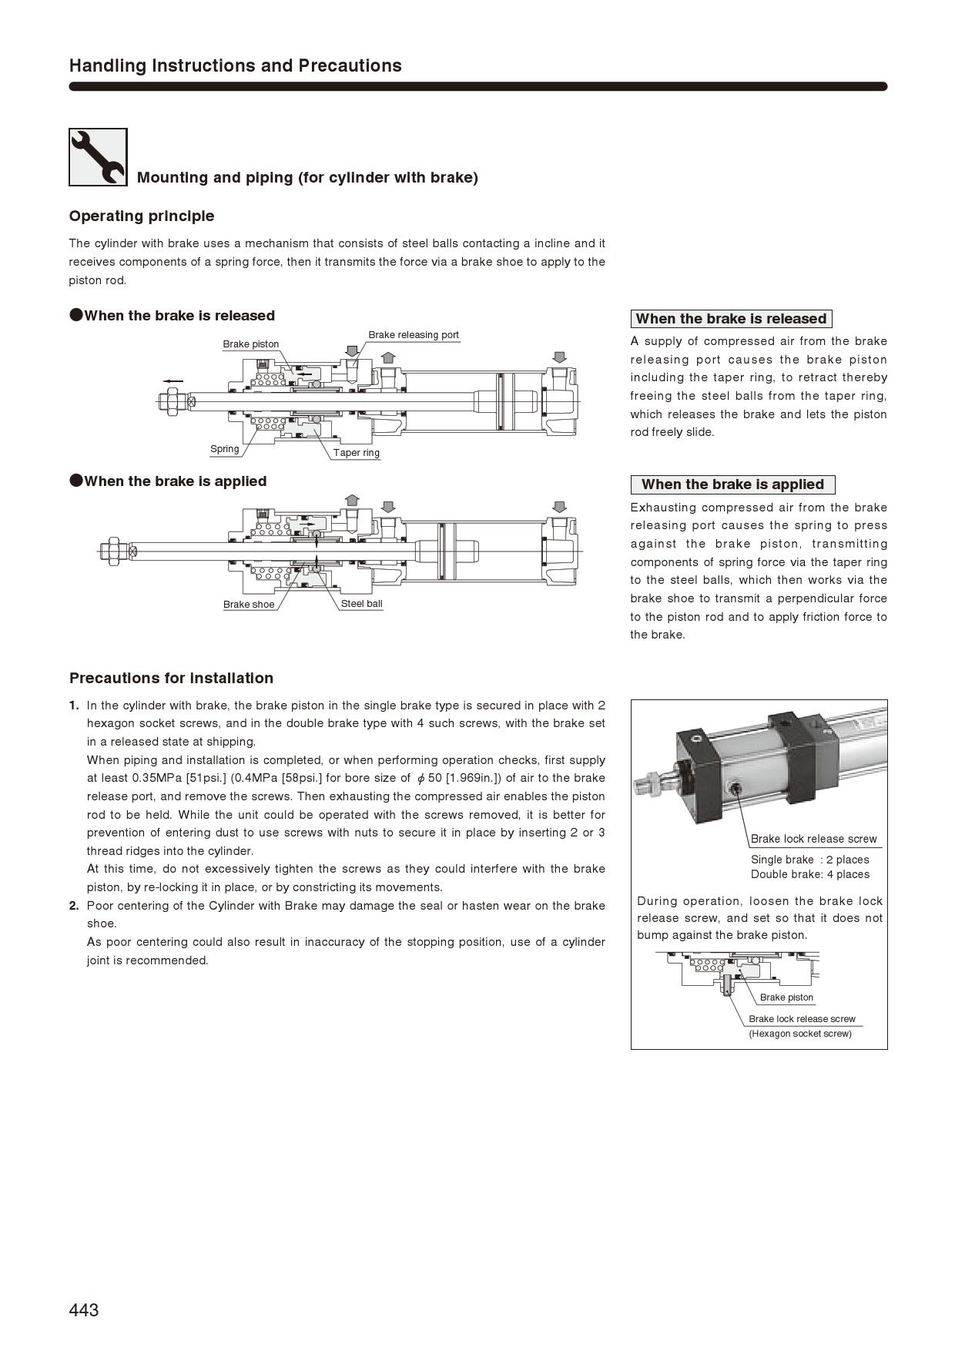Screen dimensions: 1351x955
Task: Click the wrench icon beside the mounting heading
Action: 98,157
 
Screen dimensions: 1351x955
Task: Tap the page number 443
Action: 84,1310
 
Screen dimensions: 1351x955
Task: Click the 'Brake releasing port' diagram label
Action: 413,335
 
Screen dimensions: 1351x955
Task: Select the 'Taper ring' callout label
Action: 357,453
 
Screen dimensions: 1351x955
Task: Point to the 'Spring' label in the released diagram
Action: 225,449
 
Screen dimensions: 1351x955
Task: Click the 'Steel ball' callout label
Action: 361,604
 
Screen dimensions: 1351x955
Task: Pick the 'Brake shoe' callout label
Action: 249,605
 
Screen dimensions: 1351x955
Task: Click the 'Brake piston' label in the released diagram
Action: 251,344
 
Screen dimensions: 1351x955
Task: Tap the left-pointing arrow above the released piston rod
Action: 173,381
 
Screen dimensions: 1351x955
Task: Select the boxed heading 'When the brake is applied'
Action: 732,484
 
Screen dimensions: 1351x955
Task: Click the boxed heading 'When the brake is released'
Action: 731,319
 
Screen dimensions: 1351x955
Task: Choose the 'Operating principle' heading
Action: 142,216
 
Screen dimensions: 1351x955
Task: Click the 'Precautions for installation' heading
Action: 171,679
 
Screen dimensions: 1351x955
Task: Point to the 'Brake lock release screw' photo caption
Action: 813,839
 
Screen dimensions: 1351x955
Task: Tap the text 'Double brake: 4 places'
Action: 809,874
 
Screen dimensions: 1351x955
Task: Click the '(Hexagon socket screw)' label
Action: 800,1034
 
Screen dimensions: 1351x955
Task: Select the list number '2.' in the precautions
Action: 74,906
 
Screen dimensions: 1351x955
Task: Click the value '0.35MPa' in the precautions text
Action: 157,778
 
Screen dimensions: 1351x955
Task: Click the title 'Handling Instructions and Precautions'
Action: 235,65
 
